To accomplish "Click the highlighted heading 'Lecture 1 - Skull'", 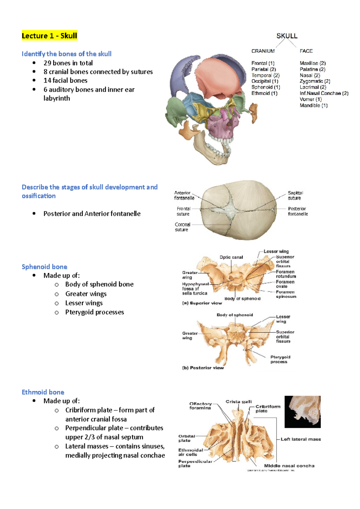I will pyautogui.click(x=49, y=36).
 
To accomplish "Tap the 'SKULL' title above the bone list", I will pyautogui.click(x=287, y=36).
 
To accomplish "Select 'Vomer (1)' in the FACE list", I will pyautogui.click(x=310, y=99).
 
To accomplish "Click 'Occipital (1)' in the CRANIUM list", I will pyautogui.click(x=265, y=81).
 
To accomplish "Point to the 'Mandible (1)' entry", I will pyautogui.click(x=313, y=106).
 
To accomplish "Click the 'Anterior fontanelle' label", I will pyautogui.click(x=184, y=195).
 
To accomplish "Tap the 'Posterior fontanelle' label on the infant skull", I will pyautogui.click(x=298, y=211).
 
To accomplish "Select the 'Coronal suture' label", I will pyautogui.click(x=182, y=227).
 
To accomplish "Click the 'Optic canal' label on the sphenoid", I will pyautogui.click(x=231, y=257).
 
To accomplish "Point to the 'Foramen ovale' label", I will pyautogui.click(x=285, y=284).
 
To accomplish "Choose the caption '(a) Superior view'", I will pyautogui.click(x=202, y=303).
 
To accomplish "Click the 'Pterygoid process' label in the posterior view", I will pyautogui.click(x=280, y=359).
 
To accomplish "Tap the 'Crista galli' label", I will pyautogui.click(x=238, y=402).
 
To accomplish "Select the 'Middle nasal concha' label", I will pyautogui.click(x=289, y=466).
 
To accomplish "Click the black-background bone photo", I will pyautogui.click(x=302, y=412).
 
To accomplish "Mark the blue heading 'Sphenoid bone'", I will pyautogui.click(x=44, y=267).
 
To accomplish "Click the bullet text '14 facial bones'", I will pyautogui.click(x=65, y=80).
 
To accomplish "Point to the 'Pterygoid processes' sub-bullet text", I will pyautogui.click(x=94, y=312).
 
